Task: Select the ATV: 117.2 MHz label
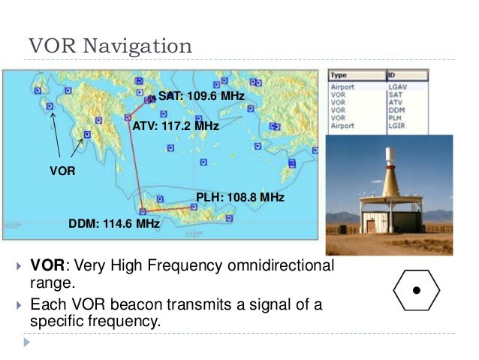tap(175, 126)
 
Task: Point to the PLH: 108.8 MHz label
tap(239, 197)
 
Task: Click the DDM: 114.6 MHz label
tap(113, 224)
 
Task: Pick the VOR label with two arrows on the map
tap(62, 171)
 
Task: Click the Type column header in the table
tap(339, 76)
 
